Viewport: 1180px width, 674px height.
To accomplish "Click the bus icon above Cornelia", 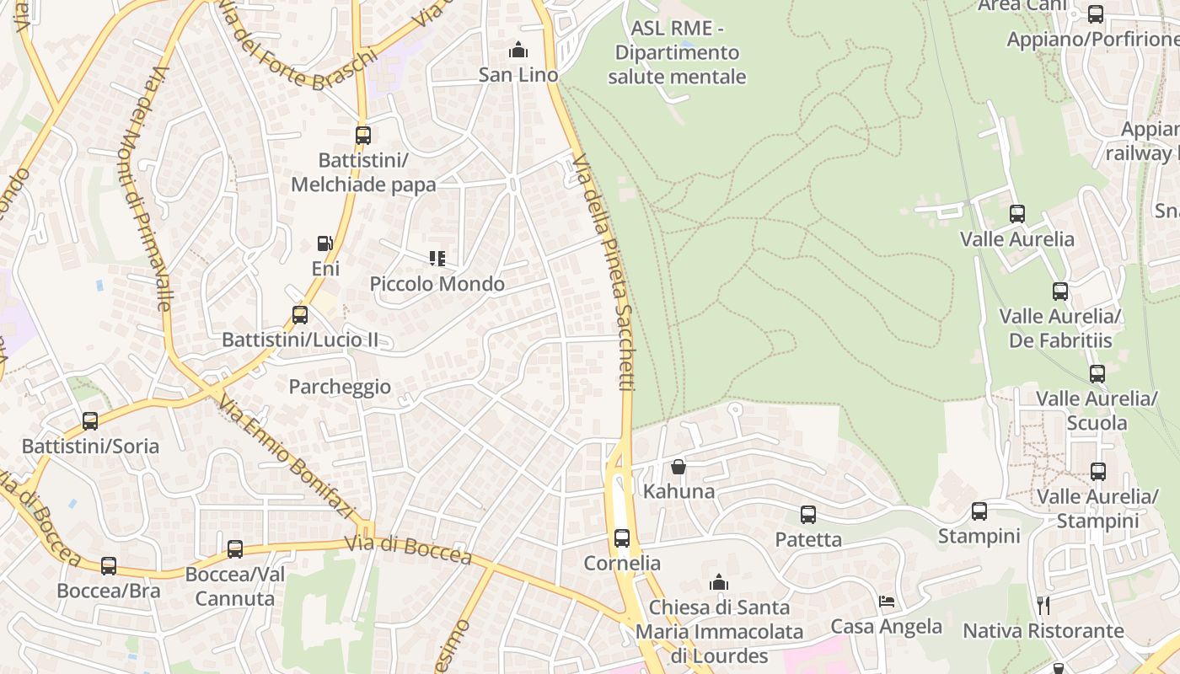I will coord(622,538).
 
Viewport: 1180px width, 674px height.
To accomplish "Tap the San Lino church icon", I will coord(518,51).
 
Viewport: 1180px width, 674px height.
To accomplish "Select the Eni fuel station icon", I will coord(324,244).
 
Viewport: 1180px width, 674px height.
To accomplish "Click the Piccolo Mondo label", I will coord(437,284).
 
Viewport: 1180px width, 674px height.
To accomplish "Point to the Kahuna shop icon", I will coord(678,467).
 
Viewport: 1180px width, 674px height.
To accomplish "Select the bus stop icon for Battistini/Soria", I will coord(90,421).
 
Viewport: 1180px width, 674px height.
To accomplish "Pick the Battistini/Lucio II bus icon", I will coord(299,316).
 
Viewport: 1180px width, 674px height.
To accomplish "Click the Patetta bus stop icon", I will coord(808,515).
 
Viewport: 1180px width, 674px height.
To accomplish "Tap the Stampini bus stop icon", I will coord(979,511).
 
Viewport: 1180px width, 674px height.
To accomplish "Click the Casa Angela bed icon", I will coord(887,602).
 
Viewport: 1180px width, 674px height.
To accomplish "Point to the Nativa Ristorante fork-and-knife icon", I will coord(1043,605).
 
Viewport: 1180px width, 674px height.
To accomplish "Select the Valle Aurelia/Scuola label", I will coord(1097,410).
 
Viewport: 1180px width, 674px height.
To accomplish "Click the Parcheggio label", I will coord(340,387).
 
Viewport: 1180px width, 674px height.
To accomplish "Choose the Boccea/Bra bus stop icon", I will coord(109,566).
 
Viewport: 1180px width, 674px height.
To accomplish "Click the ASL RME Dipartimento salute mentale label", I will coord(679,53).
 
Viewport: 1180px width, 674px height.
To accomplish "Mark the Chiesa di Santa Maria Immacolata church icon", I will coord(719,582).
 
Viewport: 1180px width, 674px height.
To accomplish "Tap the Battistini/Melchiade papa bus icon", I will coord(363,136).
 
